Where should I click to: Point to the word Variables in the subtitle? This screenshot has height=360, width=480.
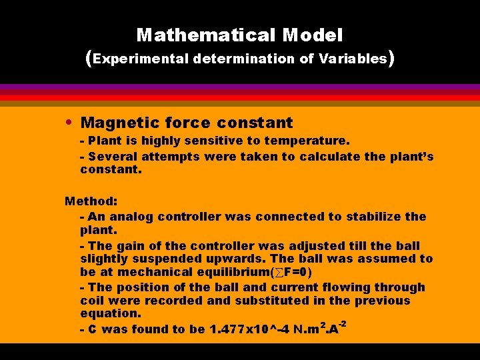coord(353,59)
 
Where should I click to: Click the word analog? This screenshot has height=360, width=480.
coord(135,217)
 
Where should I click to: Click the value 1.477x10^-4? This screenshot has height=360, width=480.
coord(246,329)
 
